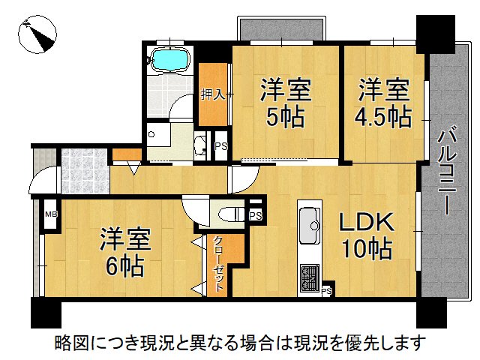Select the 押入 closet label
point(213,94)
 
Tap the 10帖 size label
point(367,250)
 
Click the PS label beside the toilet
point(255,216)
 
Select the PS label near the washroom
point(220,147)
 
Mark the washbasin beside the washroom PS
point(201,145)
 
